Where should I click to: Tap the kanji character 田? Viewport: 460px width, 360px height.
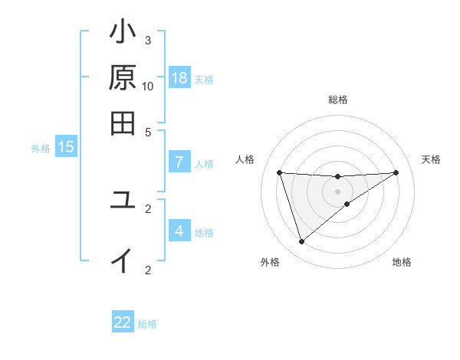123,123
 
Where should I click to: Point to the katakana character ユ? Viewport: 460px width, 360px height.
123,201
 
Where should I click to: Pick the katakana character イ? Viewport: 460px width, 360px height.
123,260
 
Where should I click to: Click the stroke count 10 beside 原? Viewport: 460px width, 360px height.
148,85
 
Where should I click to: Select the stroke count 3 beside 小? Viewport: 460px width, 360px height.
148,40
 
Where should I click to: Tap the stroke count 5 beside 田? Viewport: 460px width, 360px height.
148,132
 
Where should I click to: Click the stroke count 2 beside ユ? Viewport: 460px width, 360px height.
148,208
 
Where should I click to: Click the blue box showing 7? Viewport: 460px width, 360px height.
179,162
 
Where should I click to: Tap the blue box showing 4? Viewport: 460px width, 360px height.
179,231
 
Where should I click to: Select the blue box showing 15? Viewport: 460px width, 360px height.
66,147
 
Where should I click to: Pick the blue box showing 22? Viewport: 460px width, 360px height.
123,322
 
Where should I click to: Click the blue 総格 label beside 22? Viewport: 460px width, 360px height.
147,324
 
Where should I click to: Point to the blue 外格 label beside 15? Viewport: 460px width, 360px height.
41,149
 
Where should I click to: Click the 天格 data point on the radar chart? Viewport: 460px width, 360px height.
396,172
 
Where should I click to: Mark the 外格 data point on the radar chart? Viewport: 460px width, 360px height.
301,242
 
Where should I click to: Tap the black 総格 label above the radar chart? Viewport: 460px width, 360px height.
338,100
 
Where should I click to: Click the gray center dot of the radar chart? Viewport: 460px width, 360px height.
337,191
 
